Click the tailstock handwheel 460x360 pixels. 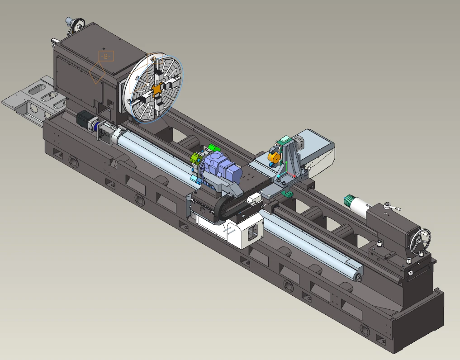(420, 237)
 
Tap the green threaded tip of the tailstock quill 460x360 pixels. (349, 199)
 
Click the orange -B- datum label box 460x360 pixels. (106, 56)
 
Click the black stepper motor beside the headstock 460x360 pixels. (84, 120)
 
